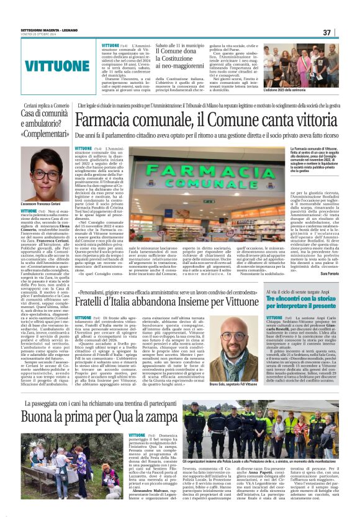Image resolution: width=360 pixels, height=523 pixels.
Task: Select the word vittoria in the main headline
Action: tap(303, 120)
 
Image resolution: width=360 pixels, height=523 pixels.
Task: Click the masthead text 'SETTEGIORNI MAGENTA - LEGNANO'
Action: tap(44, 30)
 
